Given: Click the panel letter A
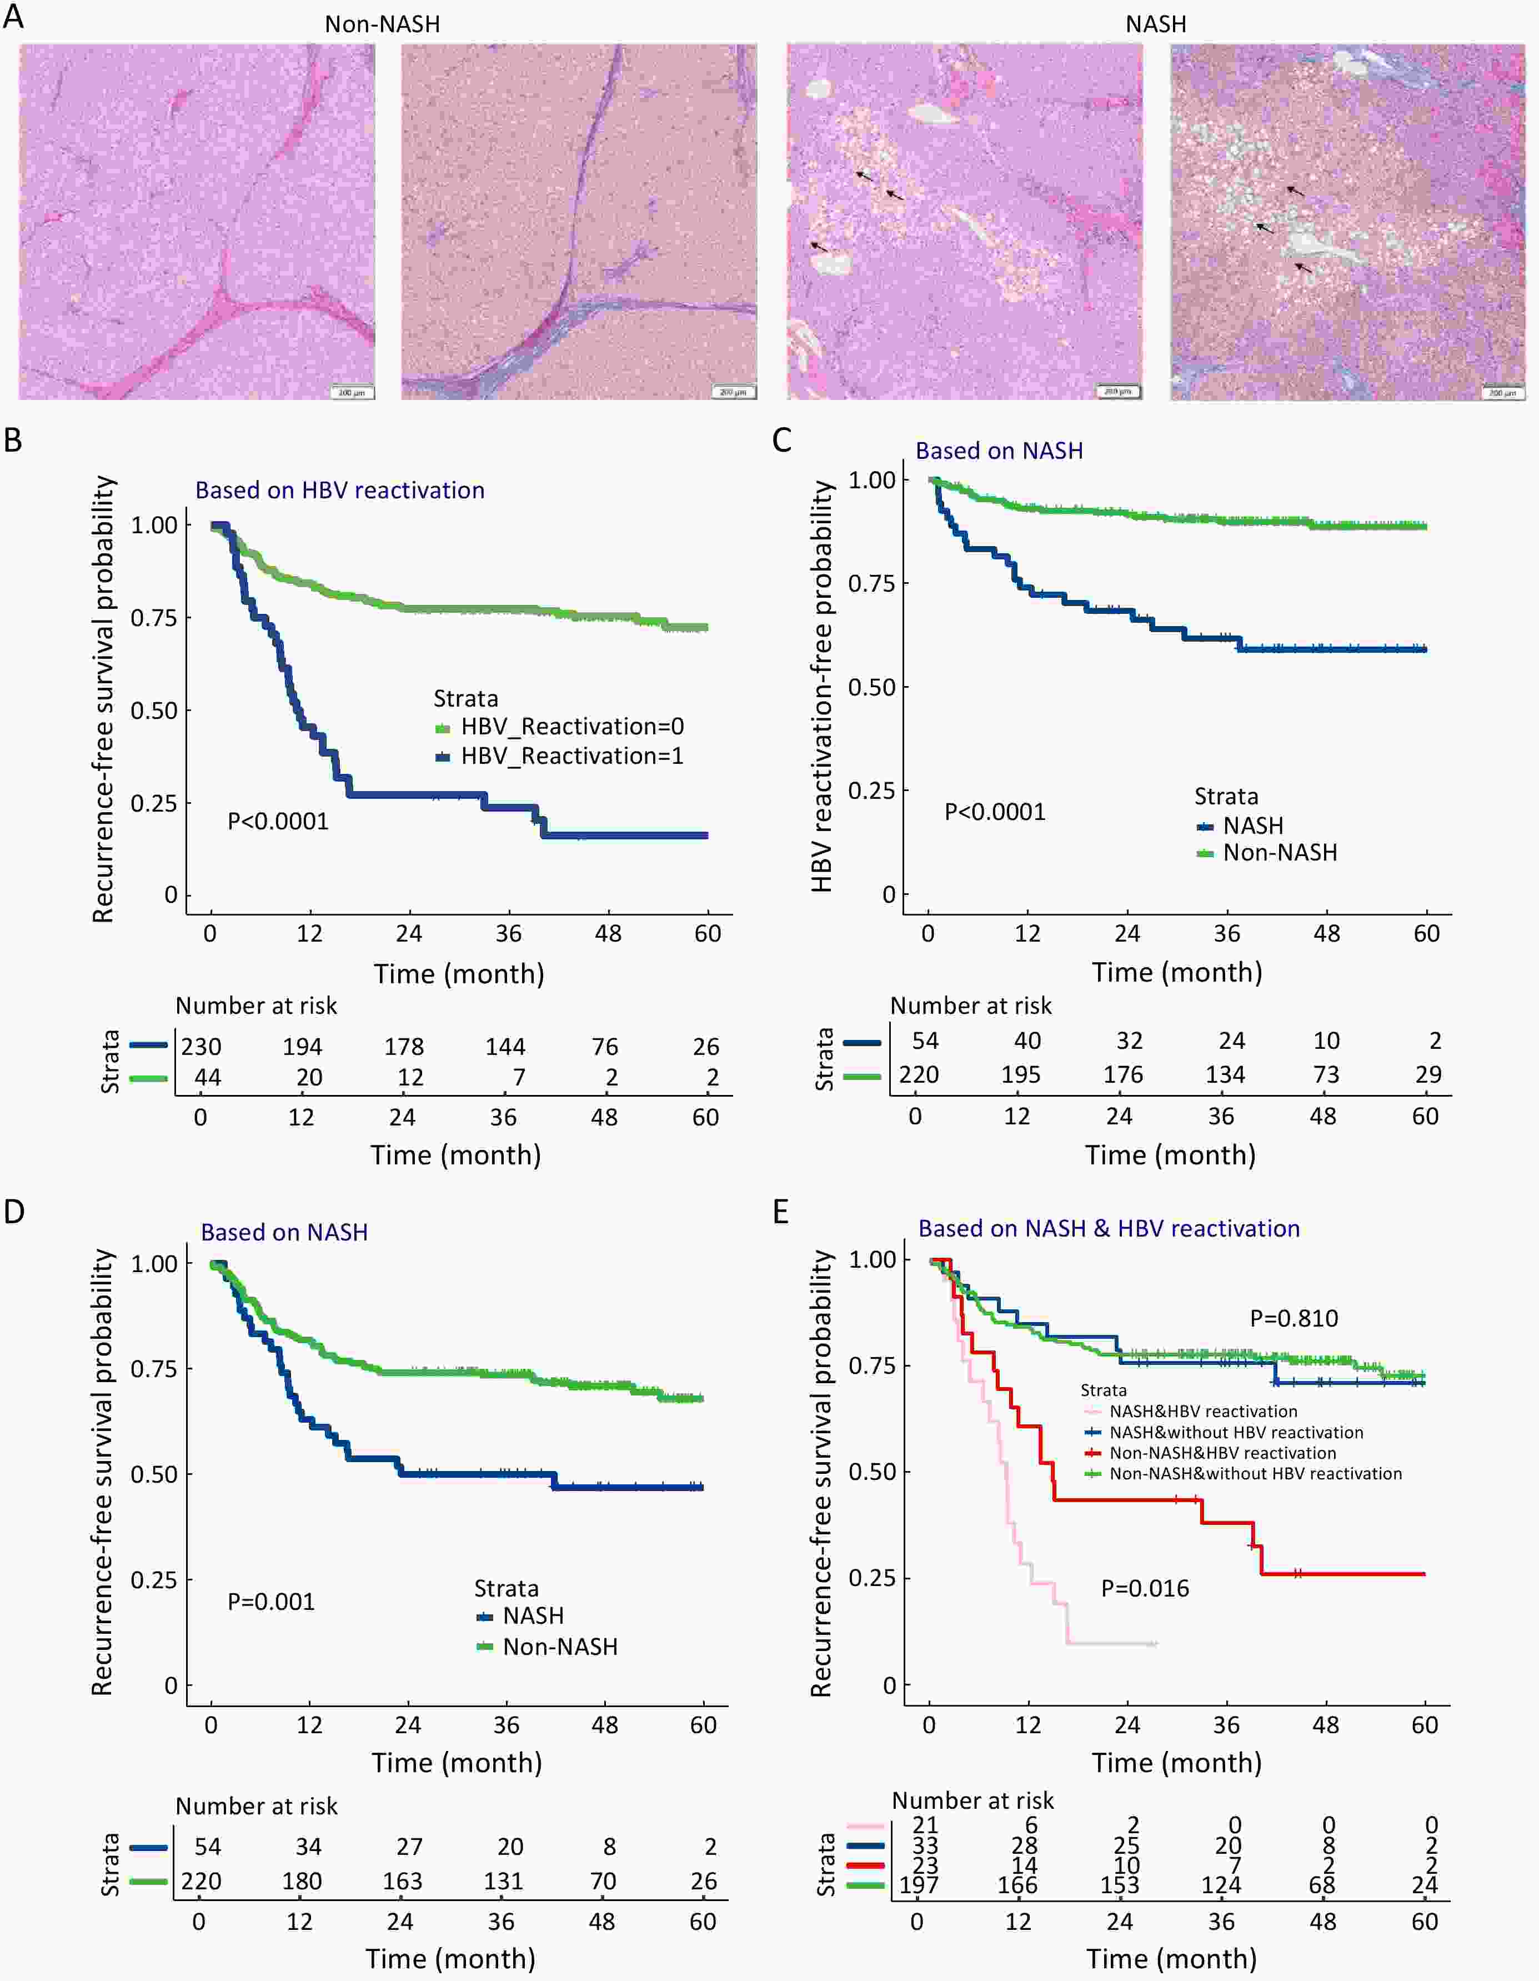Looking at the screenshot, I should point(13,16).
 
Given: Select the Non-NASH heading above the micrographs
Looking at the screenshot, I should point(382,23).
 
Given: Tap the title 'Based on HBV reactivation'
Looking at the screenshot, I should point(340,491).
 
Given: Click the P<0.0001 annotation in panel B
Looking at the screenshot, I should point(278,822).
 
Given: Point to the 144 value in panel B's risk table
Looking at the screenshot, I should point(505,1047).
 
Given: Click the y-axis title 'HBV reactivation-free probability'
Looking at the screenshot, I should point(821,687).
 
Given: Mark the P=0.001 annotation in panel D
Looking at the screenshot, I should point(271,1602).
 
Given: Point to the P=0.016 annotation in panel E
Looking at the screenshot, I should point(1145,1588).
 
